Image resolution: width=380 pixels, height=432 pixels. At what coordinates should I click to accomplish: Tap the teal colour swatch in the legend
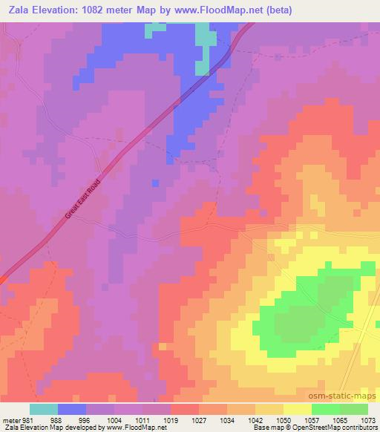pos(43,409)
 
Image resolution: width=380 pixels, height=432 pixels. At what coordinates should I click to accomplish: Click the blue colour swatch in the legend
pos(71,409)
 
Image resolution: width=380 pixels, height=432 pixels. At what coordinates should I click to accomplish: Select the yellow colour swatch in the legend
pos(297,409)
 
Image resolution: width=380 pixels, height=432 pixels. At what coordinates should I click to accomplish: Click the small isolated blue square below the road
pos(155,183)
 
